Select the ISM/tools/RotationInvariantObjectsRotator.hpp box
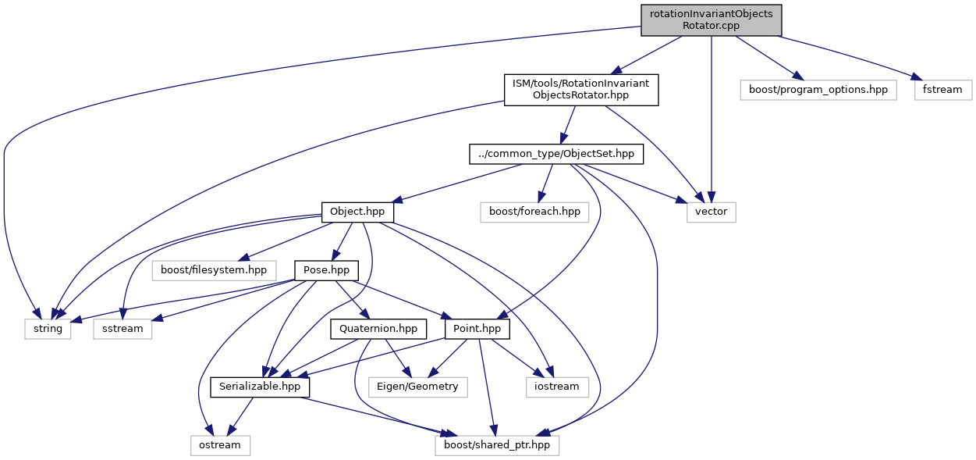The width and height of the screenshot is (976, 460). click(x=581, y=90)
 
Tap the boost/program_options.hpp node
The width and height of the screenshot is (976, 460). click(x=818, y=90)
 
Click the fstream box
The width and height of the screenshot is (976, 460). click(x=942, y=90)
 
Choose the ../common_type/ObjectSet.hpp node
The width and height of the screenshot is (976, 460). click(x=557, y=155)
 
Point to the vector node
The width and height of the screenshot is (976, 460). click(x=711, y=212)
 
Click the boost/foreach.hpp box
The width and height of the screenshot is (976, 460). click(x=534, y=212)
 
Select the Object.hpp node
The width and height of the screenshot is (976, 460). click(x=357, y=212)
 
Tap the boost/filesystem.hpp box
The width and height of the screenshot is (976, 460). click(x=213, y=270)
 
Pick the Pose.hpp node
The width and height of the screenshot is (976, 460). click(x=326, y=270)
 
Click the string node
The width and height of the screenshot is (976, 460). click(x=48, y=329)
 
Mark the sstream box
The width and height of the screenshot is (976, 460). click(x=122, y=329)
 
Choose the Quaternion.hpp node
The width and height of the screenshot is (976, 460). click(x=378, y=329)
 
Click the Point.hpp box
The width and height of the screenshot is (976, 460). click(x=477, y=329)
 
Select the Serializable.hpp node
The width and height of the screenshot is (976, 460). click(x=260, y=387)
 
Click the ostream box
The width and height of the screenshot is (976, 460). click(x=220, y=445)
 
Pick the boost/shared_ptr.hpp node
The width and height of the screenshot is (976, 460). click(x=498, y=445)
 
